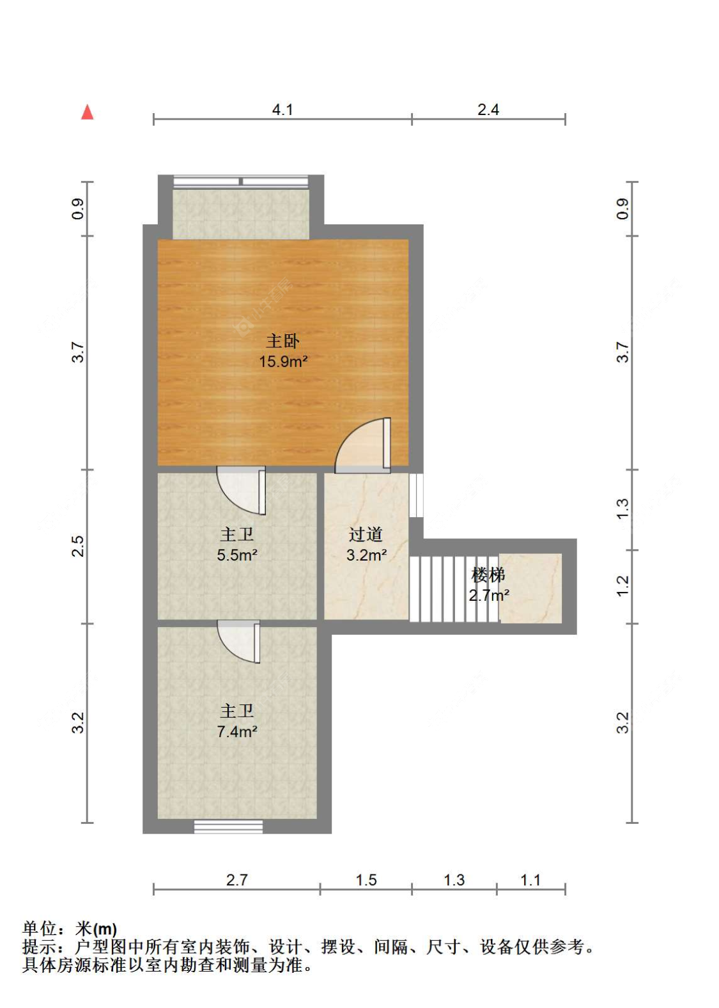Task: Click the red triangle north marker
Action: (88, 112)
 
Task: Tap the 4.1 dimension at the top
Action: (282, 110)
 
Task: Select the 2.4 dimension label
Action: (488, 110)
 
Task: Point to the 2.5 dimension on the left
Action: (77, 546)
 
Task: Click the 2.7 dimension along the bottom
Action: (236, 880)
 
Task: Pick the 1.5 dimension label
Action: (366, 880)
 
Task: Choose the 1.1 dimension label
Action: (530, 880)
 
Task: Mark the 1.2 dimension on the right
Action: (623, 586)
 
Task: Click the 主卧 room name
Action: (282, 341)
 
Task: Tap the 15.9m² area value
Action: (283, 362)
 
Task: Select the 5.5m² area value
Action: (237, 555)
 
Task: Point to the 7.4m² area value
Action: (237, 732)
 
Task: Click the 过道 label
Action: (366, 534)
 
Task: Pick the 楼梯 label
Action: (488, 575)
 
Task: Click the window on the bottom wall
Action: (228, 826)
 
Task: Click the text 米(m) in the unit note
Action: (96, 929)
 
